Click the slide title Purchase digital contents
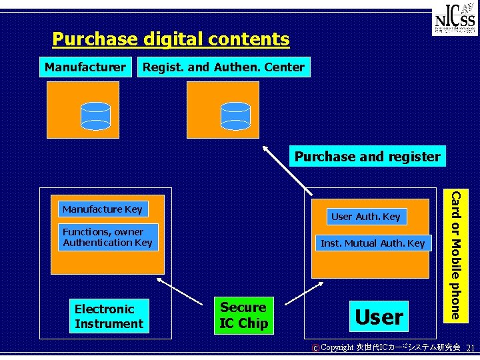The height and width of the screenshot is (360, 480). pos(171,39)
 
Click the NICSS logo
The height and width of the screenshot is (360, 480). pos(455,22)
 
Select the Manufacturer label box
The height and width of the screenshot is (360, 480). pos(85,67)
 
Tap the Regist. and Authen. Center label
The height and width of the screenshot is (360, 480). pos(223,67)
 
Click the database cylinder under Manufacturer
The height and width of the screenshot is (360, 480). pos(95,115)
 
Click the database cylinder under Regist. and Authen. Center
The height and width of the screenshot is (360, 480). pos(235,115)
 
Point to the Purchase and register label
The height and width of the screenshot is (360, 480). pos(367,157)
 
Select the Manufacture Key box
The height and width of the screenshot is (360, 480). pos(102,209)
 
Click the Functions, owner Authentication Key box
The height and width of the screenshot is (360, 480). pos(107,237)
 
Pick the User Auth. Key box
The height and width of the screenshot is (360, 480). pos(365,216)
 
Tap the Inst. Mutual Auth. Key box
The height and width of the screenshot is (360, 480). pos(373,243)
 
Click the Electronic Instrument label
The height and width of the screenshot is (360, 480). pos(109,317)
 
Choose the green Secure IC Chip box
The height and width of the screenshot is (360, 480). pos(243,315)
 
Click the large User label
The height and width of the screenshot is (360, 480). pos(379,317)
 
